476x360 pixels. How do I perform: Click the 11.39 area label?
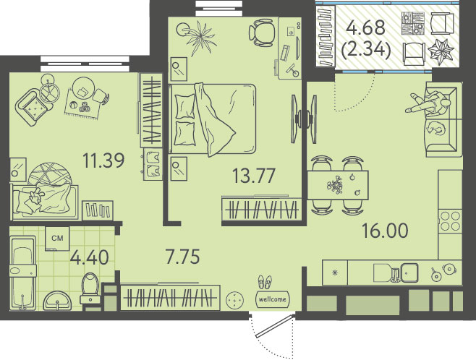104,160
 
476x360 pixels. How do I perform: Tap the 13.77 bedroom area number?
254,176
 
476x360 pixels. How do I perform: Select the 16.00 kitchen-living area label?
385,231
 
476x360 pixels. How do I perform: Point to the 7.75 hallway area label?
182,257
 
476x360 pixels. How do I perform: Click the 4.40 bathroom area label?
89,258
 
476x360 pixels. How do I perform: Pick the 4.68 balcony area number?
366,28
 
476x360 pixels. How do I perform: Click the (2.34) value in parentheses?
366,50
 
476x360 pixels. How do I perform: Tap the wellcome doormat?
273,299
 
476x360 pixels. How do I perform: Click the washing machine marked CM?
57,239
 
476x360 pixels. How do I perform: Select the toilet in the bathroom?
90,288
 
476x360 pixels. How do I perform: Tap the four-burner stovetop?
450,221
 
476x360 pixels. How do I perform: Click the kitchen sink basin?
409,271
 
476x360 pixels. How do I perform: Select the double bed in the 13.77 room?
213,119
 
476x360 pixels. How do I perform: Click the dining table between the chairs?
338,185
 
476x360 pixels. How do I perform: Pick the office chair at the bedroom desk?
262,32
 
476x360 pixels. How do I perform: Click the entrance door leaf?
274,326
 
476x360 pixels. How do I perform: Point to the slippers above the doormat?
265,282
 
